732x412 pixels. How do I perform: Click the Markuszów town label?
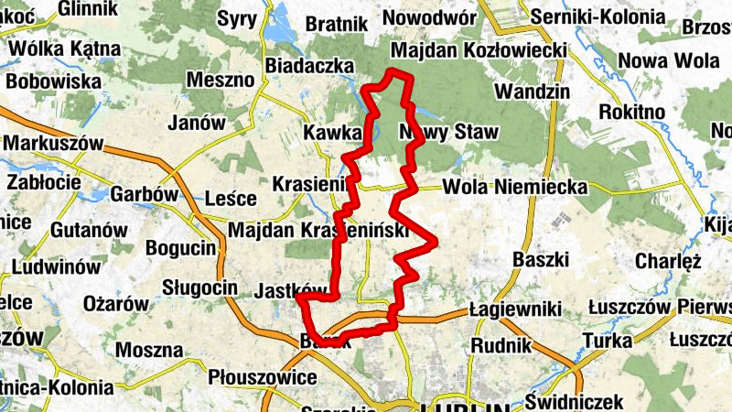point(53,145)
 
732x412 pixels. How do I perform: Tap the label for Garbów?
point(143,194)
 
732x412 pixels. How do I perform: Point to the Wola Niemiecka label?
point(514,187)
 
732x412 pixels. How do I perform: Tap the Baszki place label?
point(542,258)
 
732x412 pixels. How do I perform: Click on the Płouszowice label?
point(263,377)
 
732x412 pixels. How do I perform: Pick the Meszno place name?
point(220,80)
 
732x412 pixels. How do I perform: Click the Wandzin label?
point(532,92)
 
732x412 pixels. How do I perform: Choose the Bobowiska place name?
point(53,81)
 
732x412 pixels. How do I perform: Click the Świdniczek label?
point(576,401)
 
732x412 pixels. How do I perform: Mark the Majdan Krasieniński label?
point(318,231)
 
